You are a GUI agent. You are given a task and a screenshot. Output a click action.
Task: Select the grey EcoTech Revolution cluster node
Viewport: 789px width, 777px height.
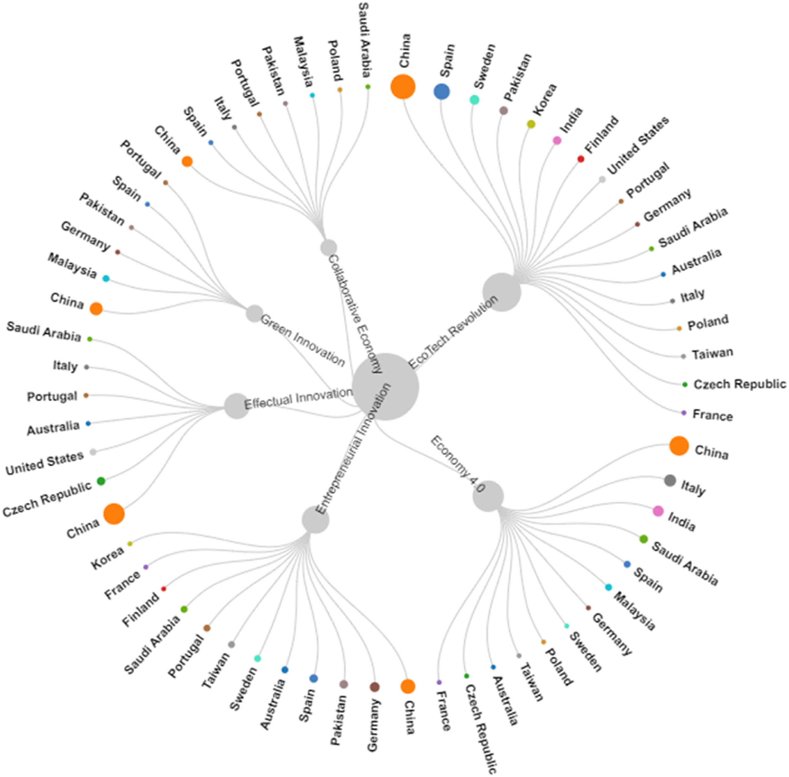pyautogui.click(x=501, y=292)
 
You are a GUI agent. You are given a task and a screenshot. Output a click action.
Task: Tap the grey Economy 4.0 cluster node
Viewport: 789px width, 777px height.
pyautogui.click(x=488, y=496)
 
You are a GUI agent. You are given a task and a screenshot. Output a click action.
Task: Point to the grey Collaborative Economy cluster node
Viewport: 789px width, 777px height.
pyautogui.click(x=329, y=247)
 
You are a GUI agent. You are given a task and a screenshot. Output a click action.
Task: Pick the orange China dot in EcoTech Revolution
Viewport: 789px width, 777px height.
pyautogui.click(x=403, y=87)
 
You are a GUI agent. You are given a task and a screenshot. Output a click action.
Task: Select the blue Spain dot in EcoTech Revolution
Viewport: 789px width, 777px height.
pyautogui.click(x=442, y=92)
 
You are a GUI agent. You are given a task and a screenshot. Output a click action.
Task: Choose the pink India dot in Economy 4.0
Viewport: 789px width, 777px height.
pyautogui.click(x=658, y=511)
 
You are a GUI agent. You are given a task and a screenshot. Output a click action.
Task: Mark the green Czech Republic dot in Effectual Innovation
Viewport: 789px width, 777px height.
pyautogui.click(x=101, y=481)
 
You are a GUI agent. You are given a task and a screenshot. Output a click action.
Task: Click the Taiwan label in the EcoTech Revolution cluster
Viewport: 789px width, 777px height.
pyautogui.click(x=712, y=353)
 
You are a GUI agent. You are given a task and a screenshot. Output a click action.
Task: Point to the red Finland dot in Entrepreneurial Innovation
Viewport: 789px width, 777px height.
pyautogui.click(x=163, y=589)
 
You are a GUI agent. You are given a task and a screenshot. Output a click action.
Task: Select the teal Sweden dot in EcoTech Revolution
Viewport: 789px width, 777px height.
pyautogui.click(x=474, y=99)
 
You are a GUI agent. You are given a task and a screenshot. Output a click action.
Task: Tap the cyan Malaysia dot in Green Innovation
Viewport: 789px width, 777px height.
pyautogui.click(x=106, y=279)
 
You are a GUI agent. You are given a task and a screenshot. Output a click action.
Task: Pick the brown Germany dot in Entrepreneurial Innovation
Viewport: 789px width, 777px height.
pyautogui.click(x=374, y=687)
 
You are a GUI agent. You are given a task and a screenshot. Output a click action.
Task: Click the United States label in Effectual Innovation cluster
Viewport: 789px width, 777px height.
pyautogui.click(x=44, y=463)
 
